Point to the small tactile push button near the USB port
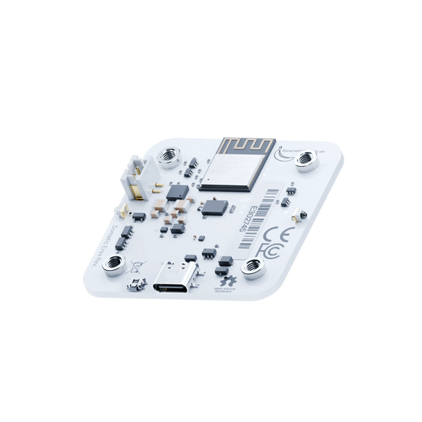coord(139,285)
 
